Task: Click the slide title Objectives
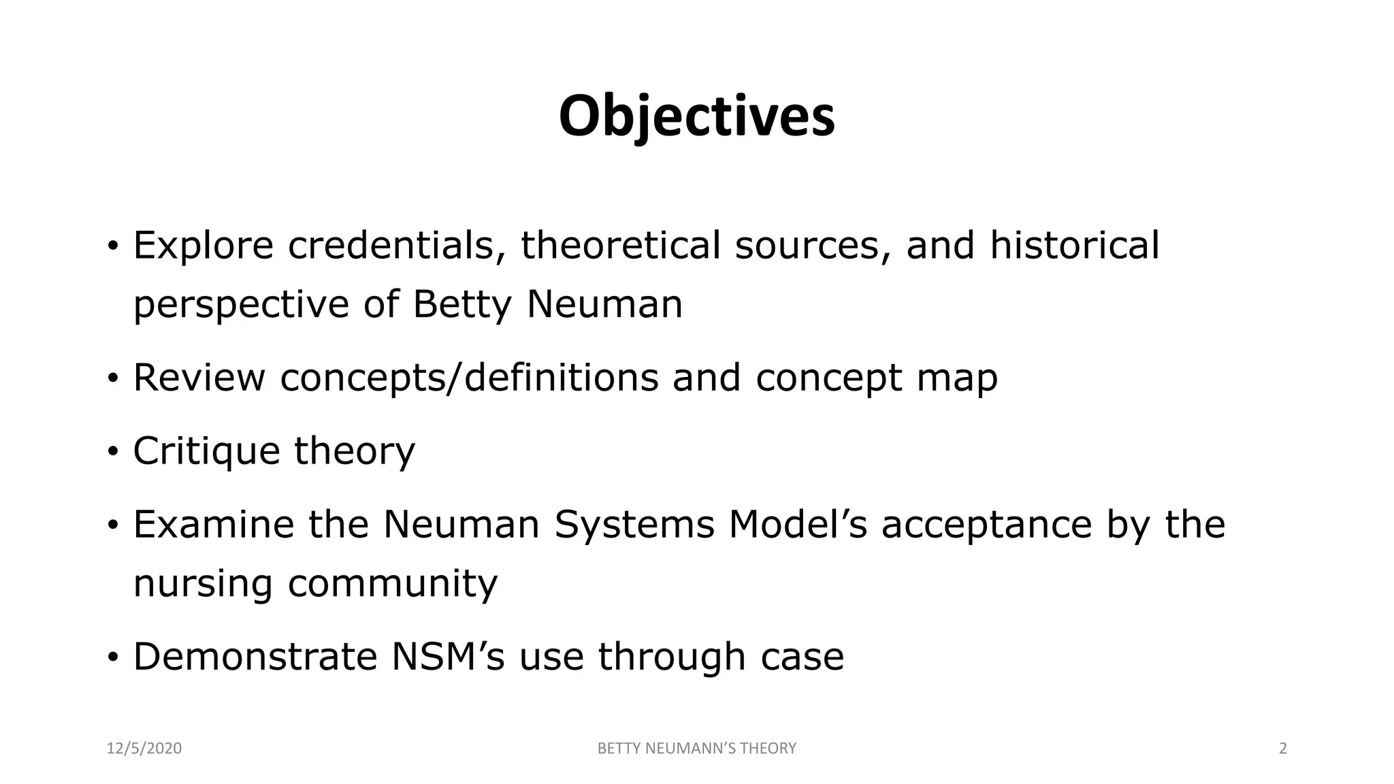[x=696, y=116]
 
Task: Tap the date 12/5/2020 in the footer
[x=144, y=749]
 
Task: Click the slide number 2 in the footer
[x=1283, y=749]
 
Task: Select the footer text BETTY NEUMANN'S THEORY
[x=696, y=749]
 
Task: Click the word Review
[x=199, y=378]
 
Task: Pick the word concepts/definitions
[x=469, y=378]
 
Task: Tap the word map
[x=957, y=379]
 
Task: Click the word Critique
[x=206, y=451]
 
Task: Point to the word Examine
[x=214, y=525]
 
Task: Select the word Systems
[x=634, y=525]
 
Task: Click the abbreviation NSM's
[x=448, y=657]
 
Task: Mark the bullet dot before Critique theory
[x=113, y=451]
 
